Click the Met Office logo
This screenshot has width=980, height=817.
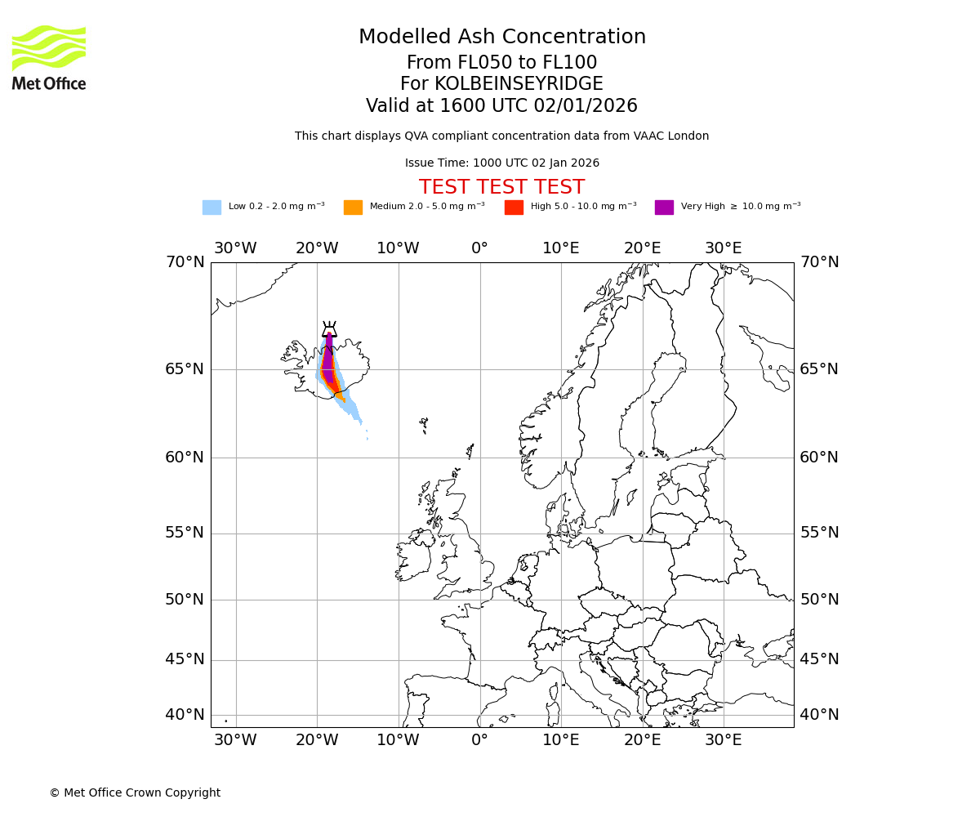pyautogui.click(x=49, y=57)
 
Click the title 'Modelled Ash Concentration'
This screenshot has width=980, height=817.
pyautogui.click(x=501, y=38)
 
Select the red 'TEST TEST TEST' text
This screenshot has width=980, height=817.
pyautogui.click(x=501, y=187)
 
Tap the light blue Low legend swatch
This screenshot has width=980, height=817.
pyautogui.click(x=212, y=208)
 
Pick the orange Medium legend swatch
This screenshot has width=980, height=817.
pyautogui.click(x=353, y=208)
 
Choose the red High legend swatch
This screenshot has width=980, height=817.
pyautogui.click(x=514, y=208)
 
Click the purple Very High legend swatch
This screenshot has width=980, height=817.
pyautogui.click(x=664, y=208)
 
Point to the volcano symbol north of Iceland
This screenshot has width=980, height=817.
pyautogui.click(x=329, y=329)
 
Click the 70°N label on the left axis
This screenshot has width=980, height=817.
pyautogui.click(x=185, y=262)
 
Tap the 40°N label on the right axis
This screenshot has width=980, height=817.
pyautogui.click(x=819, y=715)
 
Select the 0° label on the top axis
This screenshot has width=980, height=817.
pyautogui.click(x=479, y=248)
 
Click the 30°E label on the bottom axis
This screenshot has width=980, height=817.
pyautogui.click(x=724, y=740)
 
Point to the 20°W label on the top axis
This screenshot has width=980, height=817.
pyautogui.click(x=317, y=248)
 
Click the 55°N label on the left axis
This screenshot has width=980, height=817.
pyautogui.click(x=185, y=533)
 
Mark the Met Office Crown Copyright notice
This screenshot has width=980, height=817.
pyautogui.click(x=135, y=792)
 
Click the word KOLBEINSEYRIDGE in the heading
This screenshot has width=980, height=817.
pyautogui.click(x=519, y=84)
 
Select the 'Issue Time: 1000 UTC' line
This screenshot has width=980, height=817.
pyautogui.click(x=501, y=163)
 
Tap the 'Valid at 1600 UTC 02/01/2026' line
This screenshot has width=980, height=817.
pyautogui.click(x=501, y=106)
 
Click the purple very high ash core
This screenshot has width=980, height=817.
pyautogui.click(x=327, y=359)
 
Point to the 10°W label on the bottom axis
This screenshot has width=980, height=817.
pyautogui.click(x=398, y=740)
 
